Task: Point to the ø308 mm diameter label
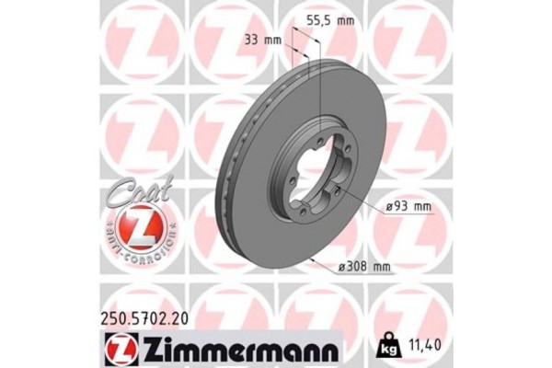tap(366, 267)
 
